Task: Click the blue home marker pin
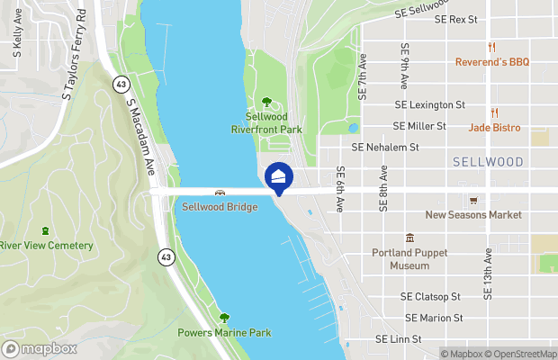(279, 176)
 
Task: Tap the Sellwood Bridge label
(220, 207)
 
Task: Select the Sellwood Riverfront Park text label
(274, 122)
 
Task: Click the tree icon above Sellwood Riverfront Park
(265, 102)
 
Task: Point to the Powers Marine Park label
(225, 333)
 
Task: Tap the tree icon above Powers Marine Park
(224, 318)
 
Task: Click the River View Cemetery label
(46, 246)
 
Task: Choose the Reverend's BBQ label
(490, 62)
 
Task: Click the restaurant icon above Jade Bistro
(494, 112)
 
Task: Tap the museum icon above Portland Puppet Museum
(409, 238)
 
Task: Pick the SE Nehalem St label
(385, 147)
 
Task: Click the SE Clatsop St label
(430, 296)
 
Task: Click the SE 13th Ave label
(487, 275)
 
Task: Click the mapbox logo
(40, 348)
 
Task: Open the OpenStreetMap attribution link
(524, 353)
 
